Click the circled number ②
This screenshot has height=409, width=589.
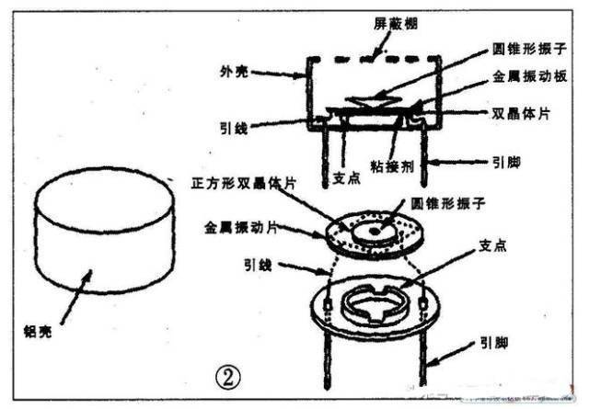coord(227,375)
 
